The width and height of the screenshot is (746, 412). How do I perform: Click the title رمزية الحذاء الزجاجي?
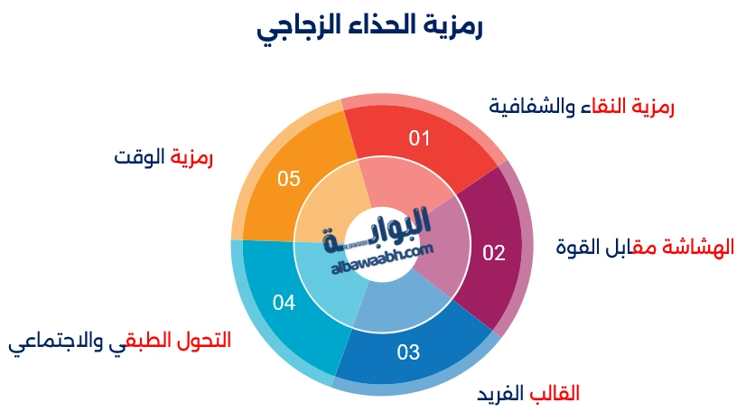370,27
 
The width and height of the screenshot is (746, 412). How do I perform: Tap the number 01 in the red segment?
420,138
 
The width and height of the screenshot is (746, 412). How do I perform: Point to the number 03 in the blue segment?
408,351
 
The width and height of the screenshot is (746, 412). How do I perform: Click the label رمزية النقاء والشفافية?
582,106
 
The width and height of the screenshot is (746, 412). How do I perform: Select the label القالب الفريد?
528,394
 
